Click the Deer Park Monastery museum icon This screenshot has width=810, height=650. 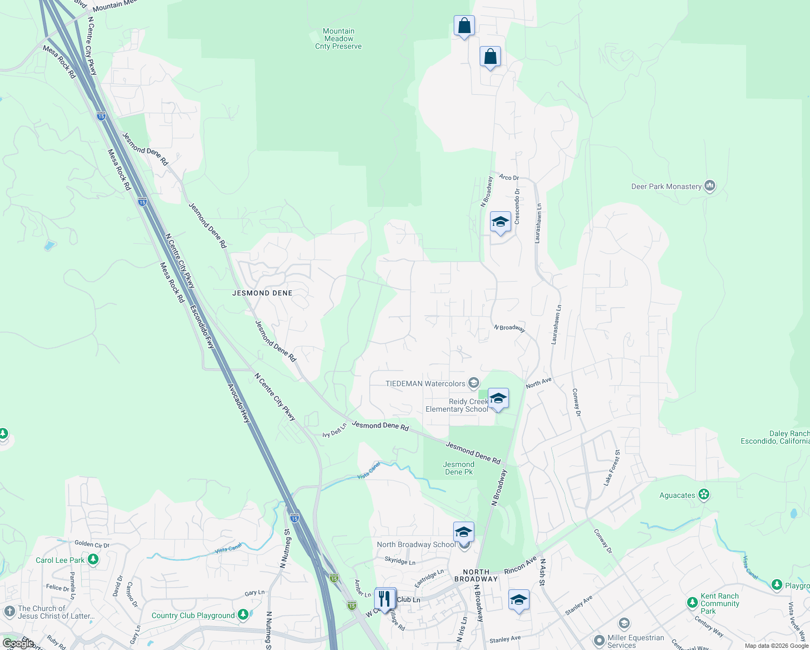pos(710,186)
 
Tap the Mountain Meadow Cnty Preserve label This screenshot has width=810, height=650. pos(338,39)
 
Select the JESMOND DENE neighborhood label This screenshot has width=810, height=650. pos(262,293)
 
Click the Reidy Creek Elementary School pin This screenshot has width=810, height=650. pos(498,399)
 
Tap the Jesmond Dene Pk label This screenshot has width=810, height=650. pos(459,468)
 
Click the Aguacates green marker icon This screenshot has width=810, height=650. pos(703,495)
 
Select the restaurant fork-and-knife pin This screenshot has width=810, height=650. pos(385,599)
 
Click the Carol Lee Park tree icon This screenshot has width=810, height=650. pos(93,560)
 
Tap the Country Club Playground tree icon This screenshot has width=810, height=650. pos(243,615)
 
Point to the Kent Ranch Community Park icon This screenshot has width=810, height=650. pos(692,603)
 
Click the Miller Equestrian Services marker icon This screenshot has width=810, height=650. pos(599,641)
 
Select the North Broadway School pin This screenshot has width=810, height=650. pos(463,532)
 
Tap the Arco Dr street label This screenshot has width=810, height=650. pos(509,177)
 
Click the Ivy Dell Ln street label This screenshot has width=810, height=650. pos(334,431)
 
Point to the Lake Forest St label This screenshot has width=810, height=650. pos(612,467)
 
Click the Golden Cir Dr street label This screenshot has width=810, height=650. pos(92,544)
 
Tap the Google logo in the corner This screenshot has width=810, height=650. pos(18,643)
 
